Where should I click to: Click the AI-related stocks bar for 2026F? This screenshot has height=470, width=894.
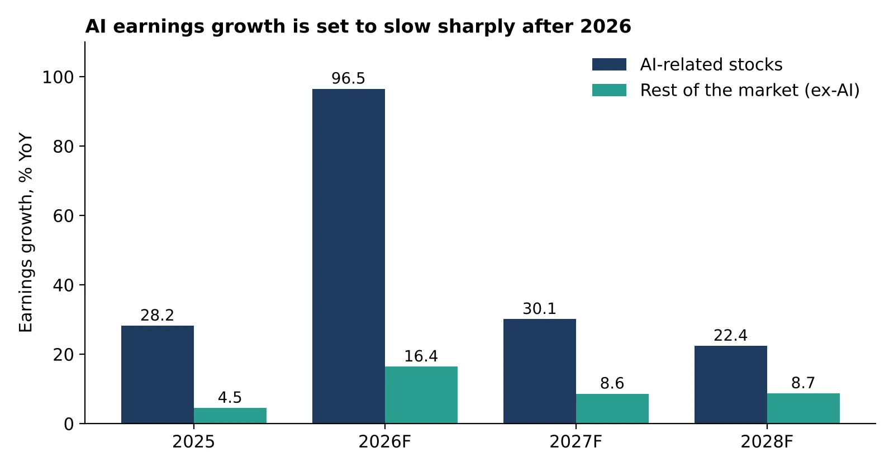click(x=349, y=256)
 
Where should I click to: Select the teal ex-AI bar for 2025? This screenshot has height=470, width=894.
click(x=230, y=416)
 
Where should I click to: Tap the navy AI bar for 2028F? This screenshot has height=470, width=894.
click(x=731, y=385)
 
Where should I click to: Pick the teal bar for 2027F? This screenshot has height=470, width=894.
click(x=612, y=409)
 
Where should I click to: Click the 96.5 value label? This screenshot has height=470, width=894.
click(x=349, y=78)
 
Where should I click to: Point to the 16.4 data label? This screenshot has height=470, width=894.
click(x=421, y=356)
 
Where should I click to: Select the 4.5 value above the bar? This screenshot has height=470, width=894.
click(x=230, y=397)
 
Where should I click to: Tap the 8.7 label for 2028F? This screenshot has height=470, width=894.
click(x=803, y=383)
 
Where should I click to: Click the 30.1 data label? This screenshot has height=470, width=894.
click(x=540, y=308)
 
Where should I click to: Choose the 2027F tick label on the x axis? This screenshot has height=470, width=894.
click(x=576, y=442)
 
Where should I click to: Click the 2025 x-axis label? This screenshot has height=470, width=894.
click(x=193, y=442)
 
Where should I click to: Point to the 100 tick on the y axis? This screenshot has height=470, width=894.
click(x=58, y=77)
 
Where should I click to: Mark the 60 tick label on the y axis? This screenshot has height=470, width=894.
click(x=64, y=216)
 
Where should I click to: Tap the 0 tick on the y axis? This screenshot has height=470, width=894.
click(x=69, y=424)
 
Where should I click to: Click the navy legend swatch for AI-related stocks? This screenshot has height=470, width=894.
click(x=609, y=64)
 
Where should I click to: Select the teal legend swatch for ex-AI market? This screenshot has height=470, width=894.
click(x=609, y=90)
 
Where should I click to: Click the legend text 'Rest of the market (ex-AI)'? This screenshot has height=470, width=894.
click(x=750, y=90)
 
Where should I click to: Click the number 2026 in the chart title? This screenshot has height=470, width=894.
click(x=606, y=26)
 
